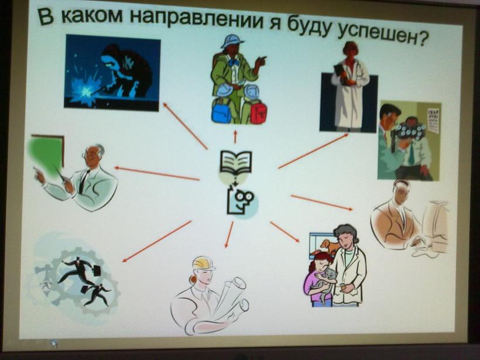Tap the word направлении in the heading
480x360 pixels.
(196, 19)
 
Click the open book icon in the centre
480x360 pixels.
(236, 163)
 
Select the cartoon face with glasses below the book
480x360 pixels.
(241, 201)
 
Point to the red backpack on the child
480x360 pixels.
(258, 112)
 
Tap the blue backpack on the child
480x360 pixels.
(222, 111)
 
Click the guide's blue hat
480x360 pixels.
(232, 41)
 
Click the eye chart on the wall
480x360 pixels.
(433, 121)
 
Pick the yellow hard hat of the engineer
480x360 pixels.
(204, 263)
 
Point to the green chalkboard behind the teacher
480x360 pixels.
(46, 155)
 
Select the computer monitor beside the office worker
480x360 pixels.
(437, 225)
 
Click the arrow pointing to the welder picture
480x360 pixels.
(185, 126)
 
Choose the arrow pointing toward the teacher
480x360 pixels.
(157, 173)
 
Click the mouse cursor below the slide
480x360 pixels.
(54, 344)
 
